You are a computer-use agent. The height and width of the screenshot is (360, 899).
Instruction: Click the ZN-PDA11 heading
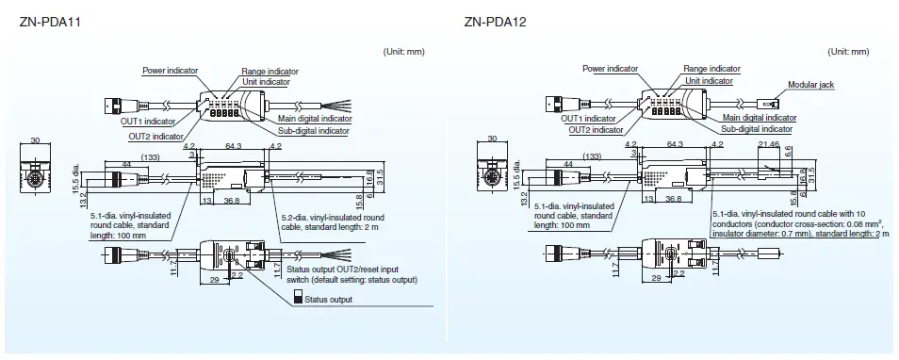coord(48,21)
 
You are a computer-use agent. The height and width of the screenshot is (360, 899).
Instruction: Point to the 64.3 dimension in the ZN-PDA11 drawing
coord(233,146)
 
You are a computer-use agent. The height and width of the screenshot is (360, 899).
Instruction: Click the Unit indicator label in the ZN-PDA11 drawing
coord(267,82)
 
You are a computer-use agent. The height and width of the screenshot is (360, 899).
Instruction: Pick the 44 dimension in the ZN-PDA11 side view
coord(126,166)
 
